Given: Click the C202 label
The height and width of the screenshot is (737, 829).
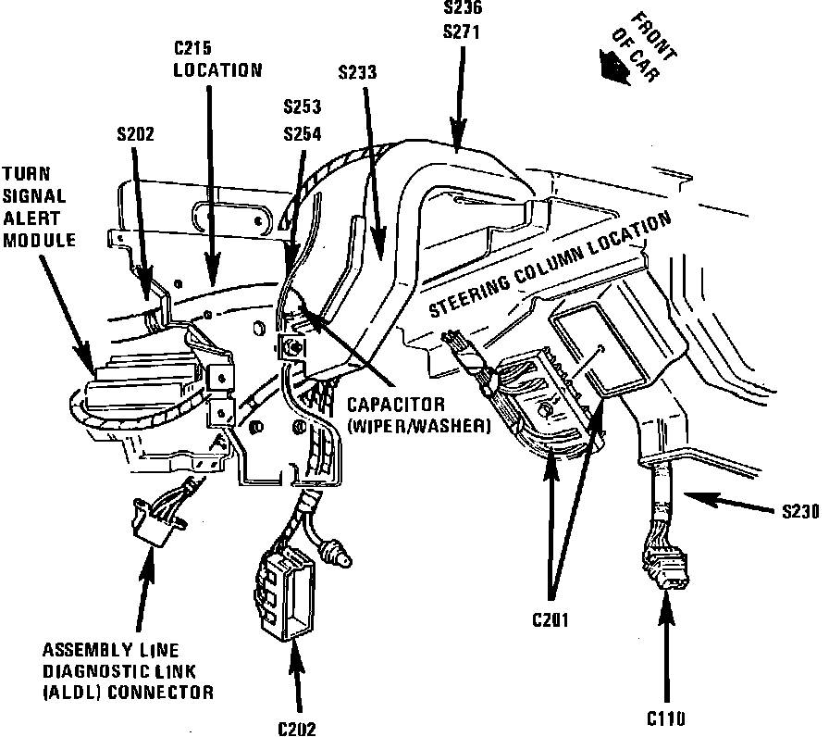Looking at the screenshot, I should pyautogui.click(x=296, y=728).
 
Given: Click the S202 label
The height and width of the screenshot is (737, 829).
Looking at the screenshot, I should pyautogui.click(x=136, y=132).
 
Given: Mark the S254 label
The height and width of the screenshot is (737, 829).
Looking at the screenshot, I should pyautogui.click(x=302, y=133).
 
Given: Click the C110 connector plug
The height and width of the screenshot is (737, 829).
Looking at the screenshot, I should pyautogui.click(x=663, y=568).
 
